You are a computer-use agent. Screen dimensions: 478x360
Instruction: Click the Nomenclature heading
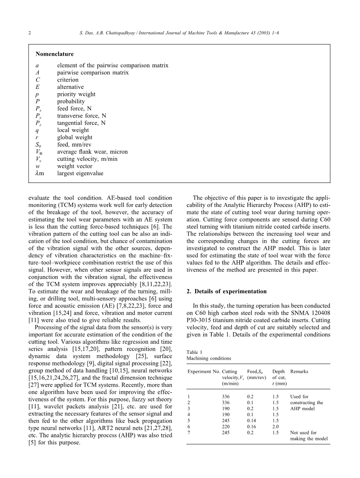click(54, 54)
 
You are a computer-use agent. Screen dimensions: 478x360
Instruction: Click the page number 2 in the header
click(30, 33)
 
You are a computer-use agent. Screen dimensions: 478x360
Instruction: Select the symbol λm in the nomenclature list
click(39, 173)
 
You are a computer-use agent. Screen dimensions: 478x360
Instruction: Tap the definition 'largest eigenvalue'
click(80, 173)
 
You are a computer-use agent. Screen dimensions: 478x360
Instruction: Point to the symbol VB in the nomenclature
click(39, 152)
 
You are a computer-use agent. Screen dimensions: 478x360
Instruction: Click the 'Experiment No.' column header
click(204, 372)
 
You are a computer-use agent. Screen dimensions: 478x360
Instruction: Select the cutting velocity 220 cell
click(226, 427)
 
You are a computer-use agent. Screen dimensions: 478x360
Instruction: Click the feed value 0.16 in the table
click(252, 427)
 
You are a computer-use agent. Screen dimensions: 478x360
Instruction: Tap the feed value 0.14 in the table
click(252, 421)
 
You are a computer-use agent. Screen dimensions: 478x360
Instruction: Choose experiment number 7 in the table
click(189, 433)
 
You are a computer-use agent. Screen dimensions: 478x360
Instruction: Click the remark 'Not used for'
click(303, 433)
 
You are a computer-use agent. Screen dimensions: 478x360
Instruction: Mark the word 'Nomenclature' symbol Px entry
click(38, 109)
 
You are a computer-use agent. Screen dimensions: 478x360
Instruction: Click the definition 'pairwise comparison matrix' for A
click(93, 73)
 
